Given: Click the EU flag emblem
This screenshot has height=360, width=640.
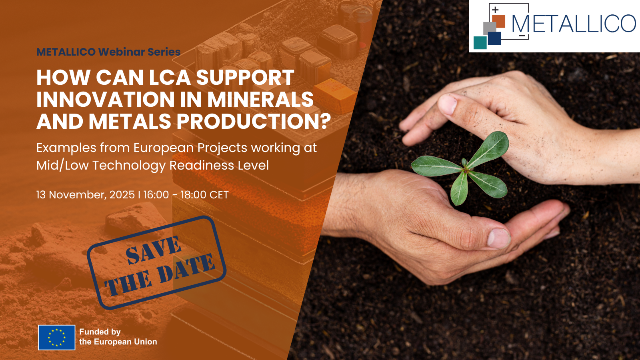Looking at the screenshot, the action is [56, 338].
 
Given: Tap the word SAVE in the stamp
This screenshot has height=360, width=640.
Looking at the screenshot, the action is [154, 250].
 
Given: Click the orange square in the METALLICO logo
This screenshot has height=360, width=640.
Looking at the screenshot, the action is [498, 22].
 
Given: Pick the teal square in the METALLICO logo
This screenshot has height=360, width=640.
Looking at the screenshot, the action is [480, 43].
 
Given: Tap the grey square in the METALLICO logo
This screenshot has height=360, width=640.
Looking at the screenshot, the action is [490, 28].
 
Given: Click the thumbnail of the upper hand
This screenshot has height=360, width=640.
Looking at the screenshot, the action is [448, 104].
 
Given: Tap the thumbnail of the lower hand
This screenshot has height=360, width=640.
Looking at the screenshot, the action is [498, 238].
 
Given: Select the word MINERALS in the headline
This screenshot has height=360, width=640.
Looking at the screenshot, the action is [260, 99].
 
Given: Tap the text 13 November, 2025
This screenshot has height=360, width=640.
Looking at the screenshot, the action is [86, 195].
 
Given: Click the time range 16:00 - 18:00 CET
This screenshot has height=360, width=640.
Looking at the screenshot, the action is [186, 195].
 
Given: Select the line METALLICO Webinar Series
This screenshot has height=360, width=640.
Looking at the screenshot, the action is [108, 52].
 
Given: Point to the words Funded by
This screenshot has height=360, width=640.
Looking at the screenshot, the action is [100, 332].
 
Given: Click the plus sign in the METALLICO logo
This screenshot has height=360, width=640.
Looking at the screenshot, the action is [495, 10].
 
